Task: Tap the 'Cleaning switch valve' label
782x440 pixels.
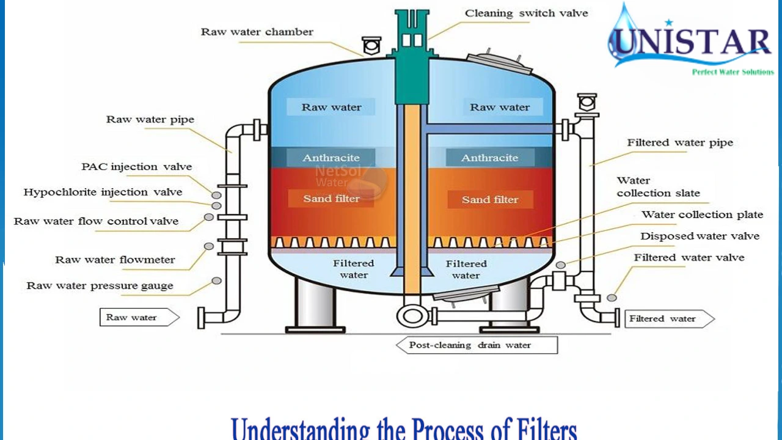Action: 526,13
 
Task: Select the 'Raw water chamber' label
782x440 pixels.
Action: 257,32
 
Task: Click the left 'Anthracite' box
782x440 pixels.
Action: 331,158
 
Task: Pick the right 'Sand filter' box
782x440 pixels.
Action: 490,200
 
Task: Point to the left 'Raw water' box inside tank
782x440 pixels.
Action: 331,108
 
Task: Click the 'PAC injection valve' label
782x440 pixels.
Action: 136,167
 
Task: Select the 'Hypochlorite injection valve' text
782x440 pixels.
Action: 103,192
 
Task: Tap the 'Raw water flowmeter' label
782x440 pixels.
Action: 115,260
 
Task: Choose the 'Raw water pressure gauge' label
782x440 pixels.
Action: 100,285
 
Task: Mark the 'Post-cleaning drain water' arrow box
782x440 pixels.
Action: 477,345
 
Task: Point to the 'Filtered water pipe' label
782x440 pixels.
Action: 679,142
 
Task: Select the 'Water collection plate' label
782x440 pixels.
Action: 702,215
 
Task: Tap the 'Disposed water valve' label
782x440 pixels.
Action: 700,236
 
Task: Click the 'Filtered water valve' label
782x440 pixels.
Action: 689,257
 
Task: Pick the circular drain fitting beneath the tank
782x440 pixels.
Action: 409,316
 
